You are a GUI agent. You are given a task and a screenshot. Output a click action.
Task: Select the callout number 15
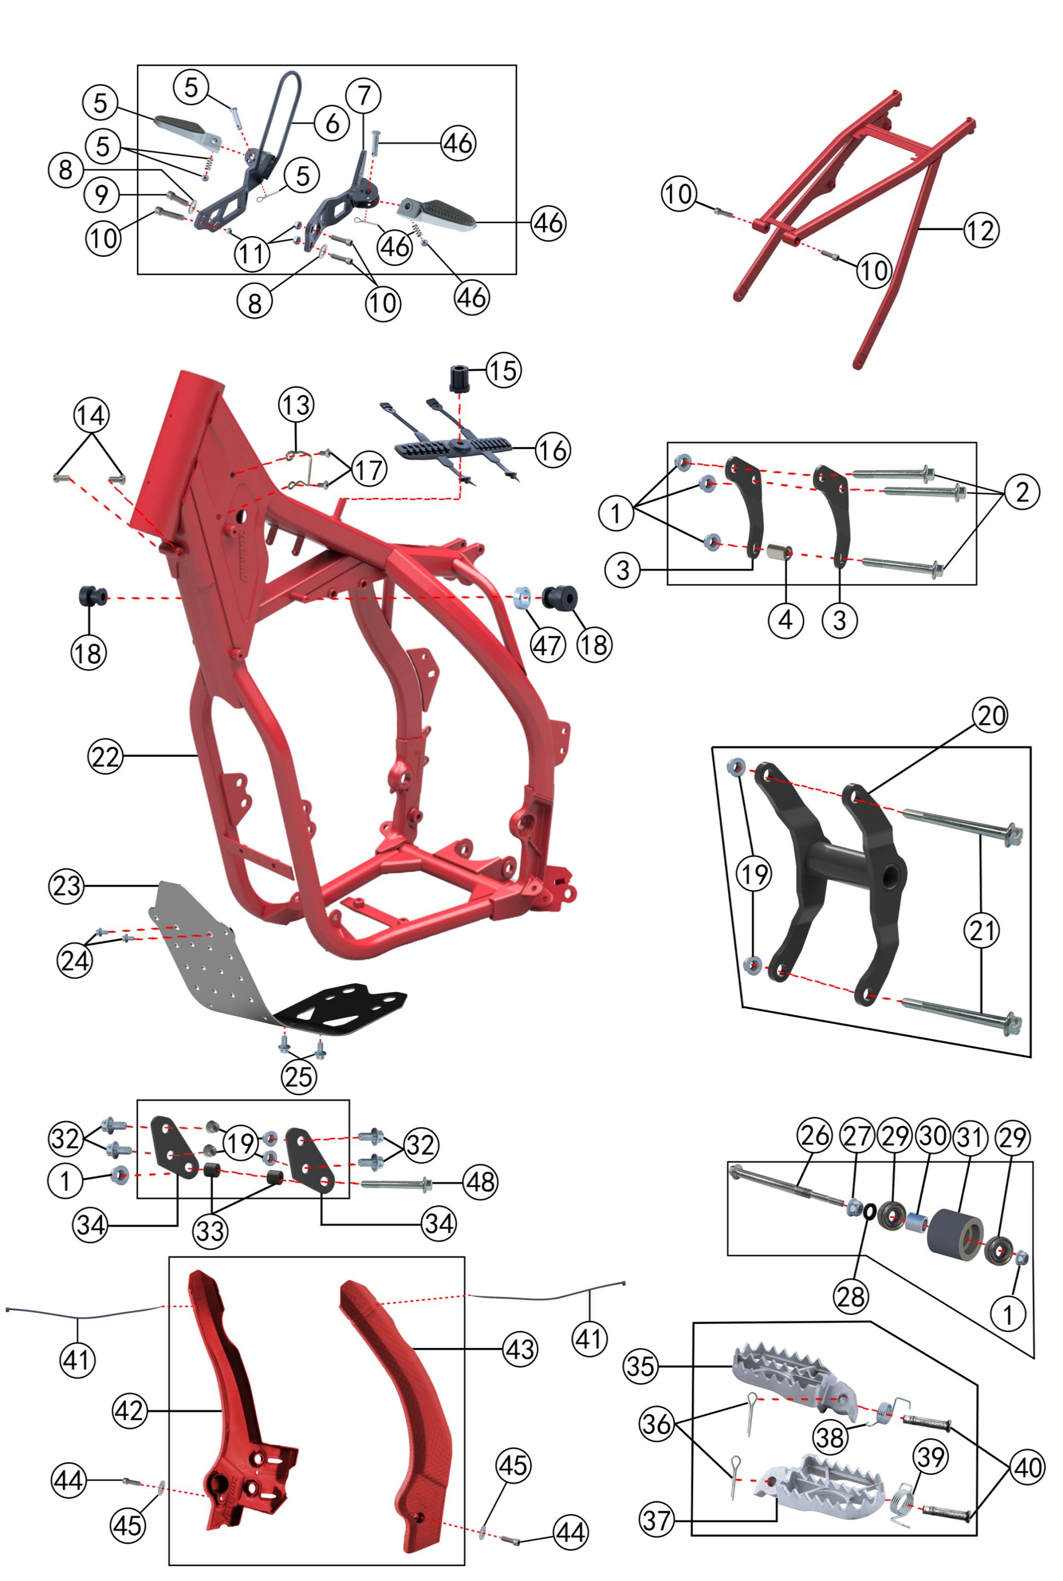click(x=503, y=370)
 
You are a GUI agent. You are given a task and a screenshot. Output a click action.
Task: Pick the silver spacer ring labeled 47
click(x=522, y=598)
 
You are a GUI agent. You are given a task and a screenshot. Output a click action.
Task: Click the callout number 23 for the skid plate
click(x=66, y=885)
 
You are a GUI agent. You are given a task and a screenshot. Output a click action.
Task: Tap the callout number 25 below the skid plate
click(x=299, y=1076)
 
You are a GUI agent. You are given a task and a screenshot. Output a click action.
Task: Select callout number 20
click(x=990, y=715)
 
